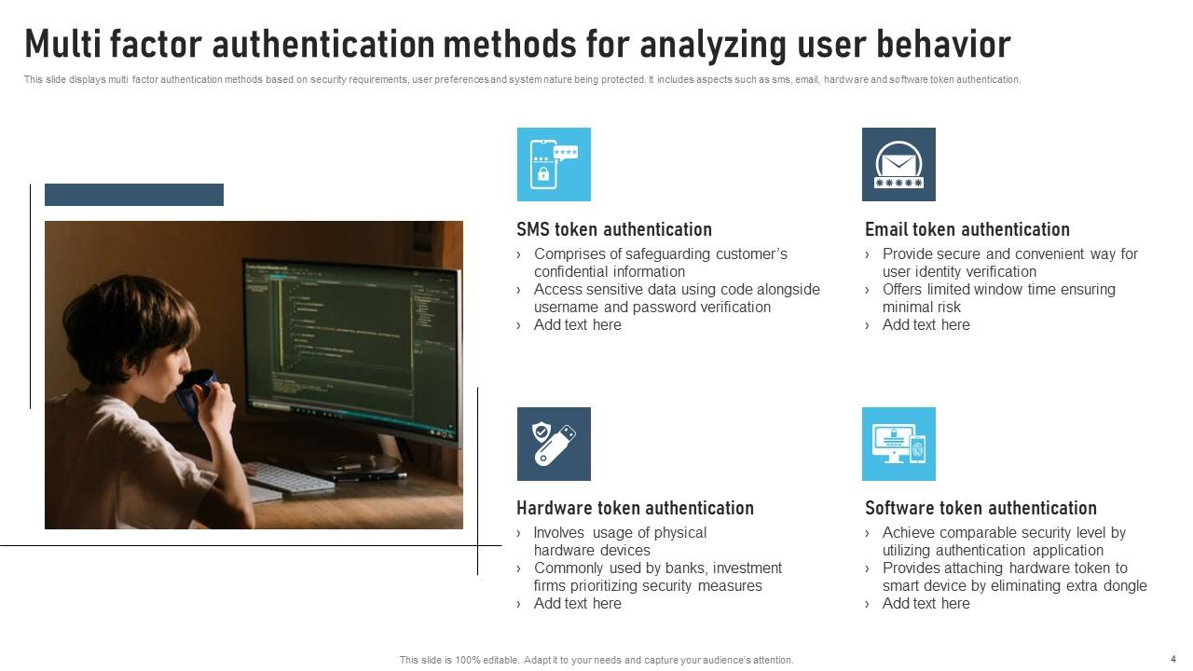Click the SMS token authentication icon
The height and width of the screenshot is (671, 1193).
pyautogui.click(x=554, y=164)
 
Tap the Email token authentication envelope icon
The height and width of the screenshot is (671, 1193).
pyautogui.click(x=898, y=164)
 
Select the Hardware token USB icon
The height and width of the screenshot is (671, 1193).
pyautogui.click(x=554, y=444)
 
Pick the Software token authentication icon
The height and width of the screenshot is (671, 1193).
pyautogui.click(x=898, y=444)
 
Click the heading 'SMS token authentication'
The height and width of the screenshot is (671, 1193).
pyautogui.click(x=614, y=229)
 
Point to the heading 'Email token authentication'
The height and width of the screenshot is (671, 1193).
pyautogui.click(x=967, y=229)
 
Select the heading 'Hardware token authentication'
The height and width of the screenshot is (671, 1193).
pyautogui.click(x=635, y=508)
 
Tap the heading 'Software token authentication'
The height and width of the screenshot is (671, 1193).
pyautogui.click(x=980, y=508)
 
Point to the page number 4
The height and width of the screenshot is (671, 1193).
pyautogui.click(x=1172, y=659)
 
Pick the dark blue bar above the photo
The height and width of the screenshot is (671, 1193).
pyautogui.click(x=134, y=195)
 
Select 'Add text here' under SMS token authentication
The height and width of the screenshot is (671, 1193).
pyautogui.click(x=577, y=325)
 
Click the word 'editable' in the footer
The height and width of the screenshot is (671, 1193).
pyautogui.click(x=496, y=660)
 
